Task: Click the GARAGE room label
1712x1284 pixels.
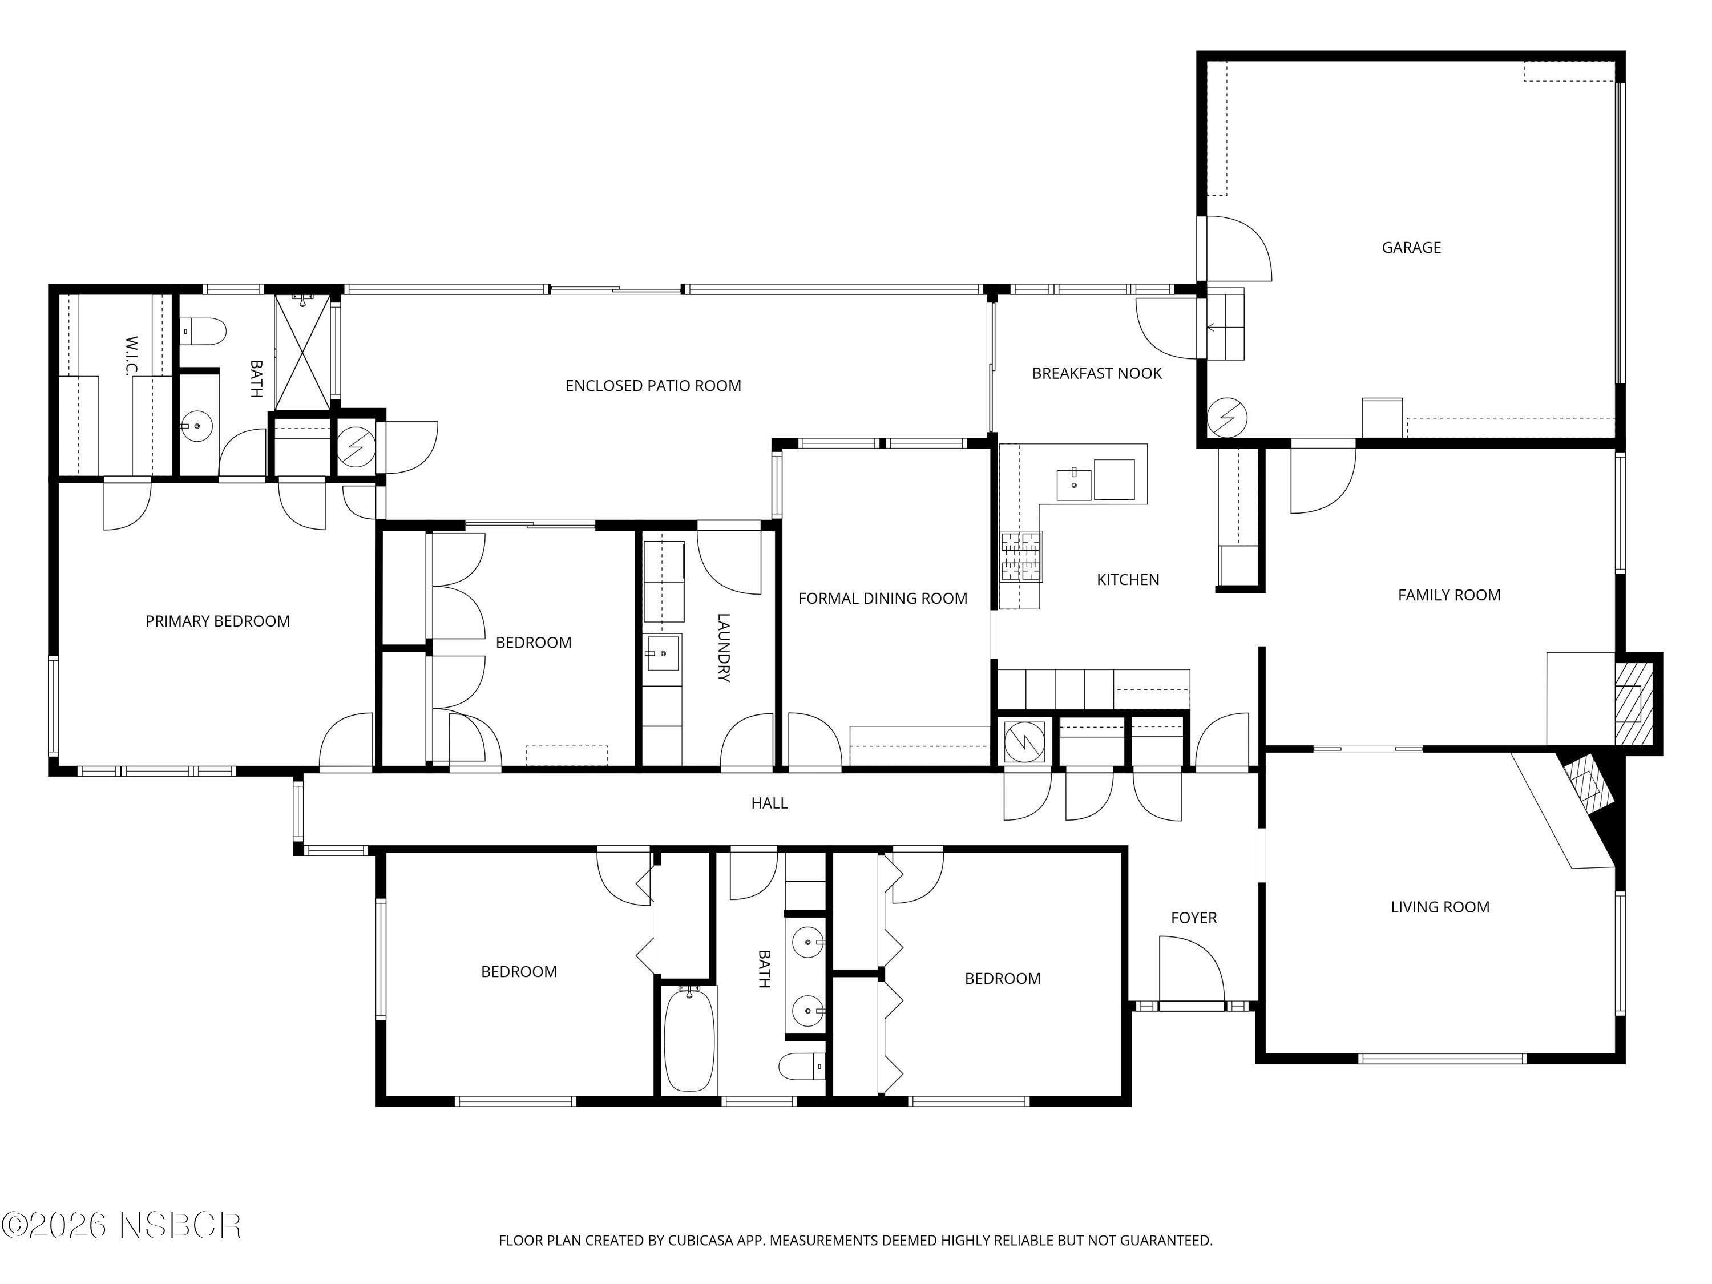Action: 1411,248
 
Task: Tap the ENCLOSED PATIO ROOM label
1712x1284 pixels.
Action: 653,385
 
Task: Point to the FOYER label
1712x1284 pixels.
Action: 1193,918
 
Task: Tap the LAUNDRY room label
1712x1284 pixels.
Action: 723,647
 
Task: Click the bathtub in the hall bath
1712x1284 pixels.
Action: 689,1039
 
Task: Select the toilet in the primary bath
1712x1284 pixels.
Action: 203,332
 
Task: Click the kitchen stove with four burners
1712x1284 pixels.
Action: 1021,556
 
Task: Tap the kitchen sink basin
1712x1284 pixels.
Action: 1073,485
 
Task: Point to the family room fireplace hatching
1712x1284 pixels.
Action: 1633,704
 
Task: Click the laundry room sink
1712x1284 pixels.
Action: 663,653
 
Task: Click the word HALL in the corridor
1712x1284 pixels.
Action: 769,803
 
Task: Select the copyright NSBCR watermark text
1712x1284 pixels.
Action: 122,1225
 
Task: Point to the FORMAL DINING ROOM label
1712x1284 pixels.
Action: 882,598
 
